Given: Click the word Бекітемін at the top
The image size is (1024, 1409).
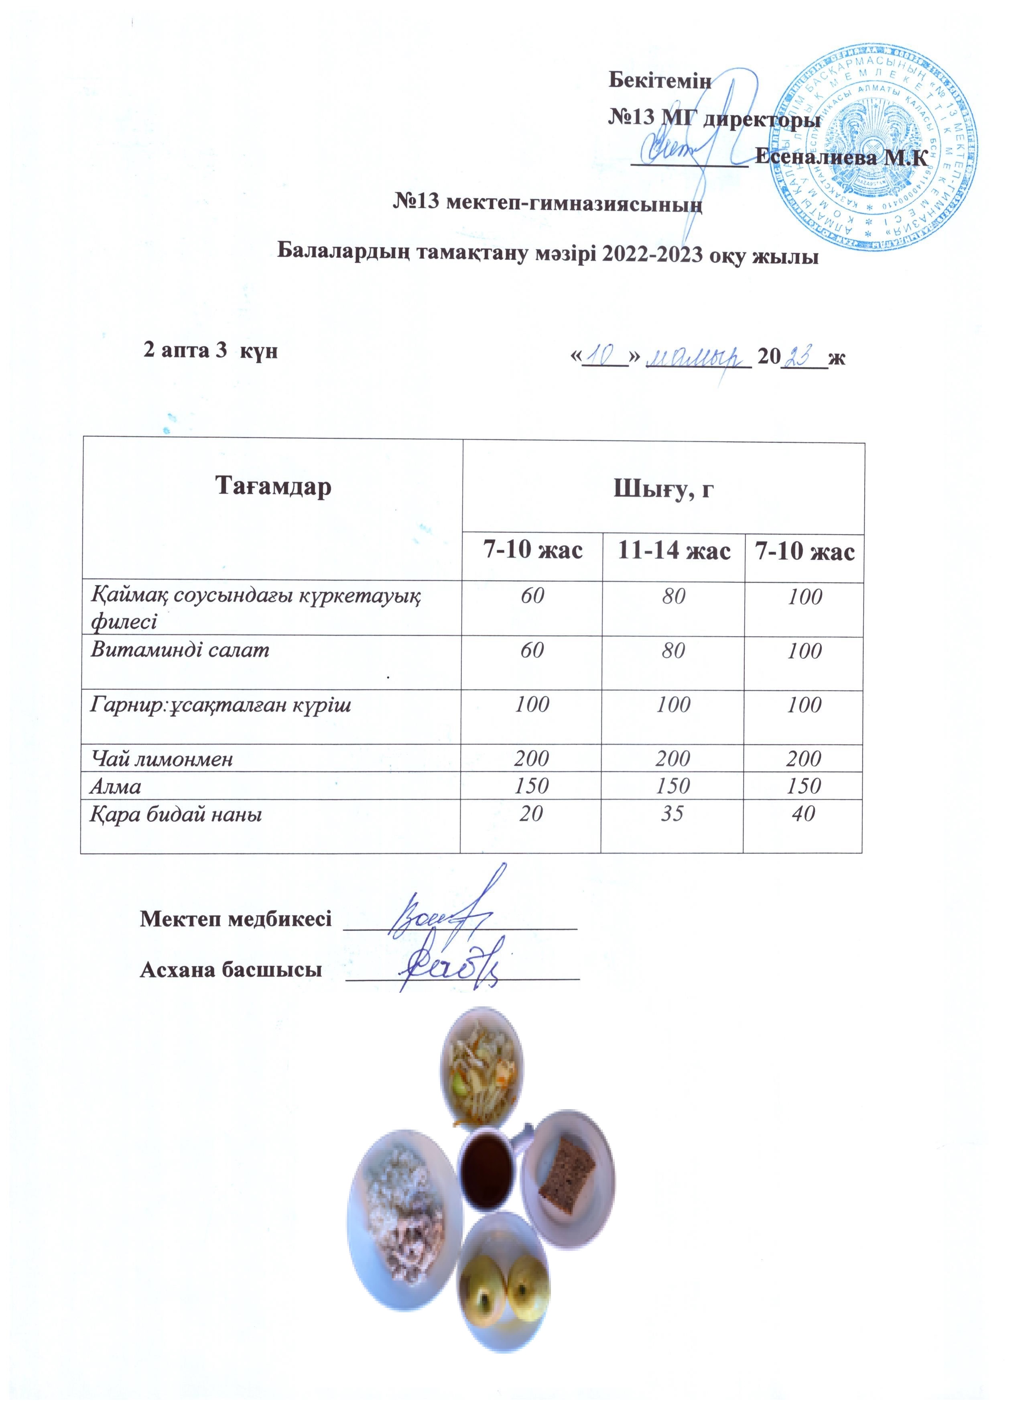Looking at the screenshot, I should [x=660, y=80].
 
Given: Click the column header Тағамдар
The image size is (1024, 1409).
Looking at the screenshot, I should [x=273, y=487].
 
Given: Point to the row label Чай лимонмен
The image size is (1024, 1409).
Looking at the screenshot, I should [x=162, y=759].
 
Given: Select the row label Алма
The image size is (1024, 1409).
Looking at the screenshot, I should [x=116, y=786].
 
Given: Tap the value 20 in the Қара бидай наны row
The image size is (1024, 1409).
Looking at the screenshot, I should [x=532, y=813].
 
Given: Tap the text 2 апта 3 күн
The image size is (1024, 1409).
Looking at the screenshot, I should [x=211, y=351].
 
